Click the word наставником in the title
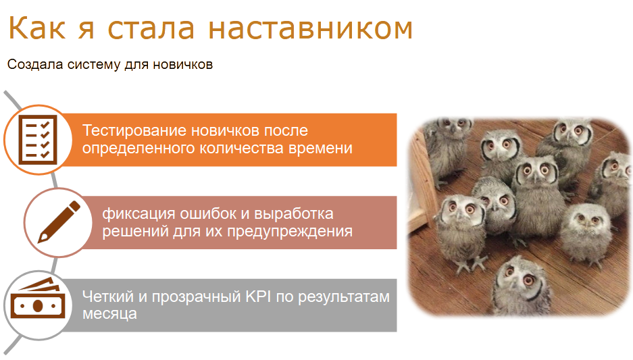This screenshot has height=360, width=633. tap(311, 28)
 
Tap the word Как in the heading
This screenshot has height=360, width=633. tap(36, 28)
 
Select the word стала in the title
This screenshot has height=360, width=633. tap(151, 28)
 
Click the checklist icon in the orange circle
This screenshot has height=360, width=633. tap(38, 140)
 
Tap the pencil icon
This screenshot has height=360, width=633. tap(59, 222)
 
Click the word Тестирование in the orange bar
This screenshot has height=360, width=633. tap(134, 131)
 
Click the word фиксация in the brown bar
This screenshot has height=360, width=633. tap(138, 214)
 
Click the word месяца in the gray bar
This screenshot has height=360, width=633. tap(109, 313)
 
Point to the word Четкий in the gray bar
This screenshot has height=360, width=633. tap(108, 297)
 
